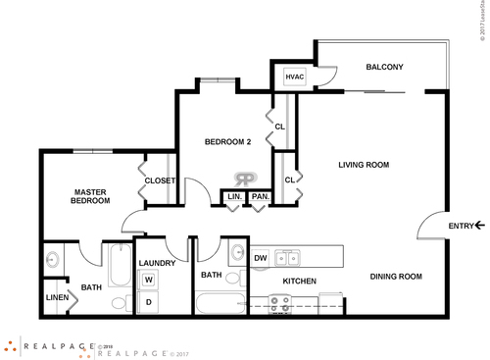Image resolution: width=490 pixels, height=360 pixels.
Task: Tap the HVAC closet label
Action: point(294,77)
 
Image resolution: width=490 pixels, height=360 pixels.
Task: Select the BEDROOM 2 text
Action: point(227,142)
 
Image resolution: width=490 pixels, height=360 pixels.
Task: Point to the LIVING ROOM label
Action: point(366,164)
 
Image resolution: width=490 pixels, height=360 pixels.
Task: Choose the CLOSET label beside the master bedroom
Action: point(160,180)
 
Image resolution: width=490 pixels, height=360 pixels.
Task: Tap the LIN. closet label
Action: point(234,197)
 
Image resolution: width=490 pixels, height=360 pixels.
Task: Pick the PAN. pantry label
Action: point(260,197)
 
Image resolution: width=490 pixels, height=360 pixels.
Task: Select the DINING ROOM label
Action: point(396,277)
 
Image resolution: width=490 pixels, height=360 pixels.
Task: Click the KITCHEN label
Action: point(298,282)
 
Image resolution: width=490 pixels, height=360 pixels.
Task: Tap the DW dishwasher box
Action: point(261,258)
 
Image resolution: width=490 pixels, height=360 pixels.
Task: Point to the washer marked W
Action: point(150,280)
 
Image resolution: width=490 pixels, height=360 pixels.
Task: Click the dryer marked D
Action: point(150,302)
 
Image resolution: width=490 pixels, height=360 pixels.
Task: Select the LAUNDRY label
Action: point(157,263)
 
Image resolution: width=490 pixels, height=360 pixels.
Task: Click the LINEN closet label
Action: point(57,298)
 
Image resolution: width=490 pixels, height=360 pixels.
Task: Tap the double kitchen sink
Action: point(287,258)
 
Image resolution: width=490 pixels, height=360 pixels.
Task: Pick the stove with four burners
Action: point(280,305)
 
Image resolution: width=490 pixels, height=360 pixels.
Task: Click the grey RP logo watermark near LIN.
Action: point(245,180)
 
